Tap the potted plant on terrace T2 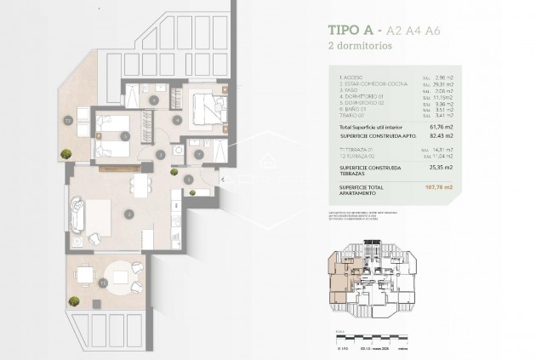coord(66,152)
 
